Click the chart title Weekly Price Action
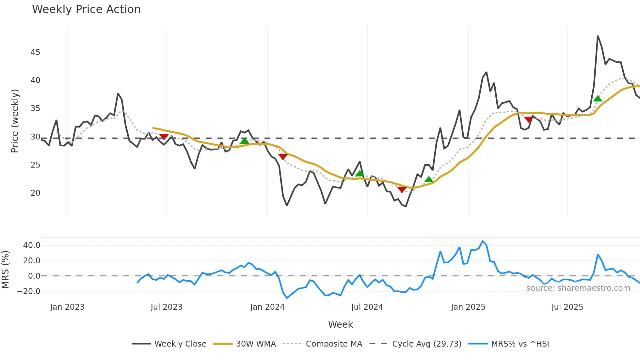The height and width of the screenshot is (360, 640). pos(86,9)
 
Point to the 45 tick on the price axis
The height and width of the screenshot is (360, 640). pos(35,52)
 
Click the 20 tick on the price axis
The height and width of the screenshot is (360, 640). pos(35,193)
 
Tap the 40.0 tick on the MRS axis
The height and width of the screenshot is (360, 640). pos(32,245)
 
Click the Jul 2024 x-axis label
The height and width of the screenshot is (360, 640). pos(367,307)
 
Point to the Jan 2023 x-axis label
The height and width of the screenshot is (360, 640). pos(67,307)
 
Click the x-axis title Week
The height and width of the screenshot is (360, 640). pos(340,324)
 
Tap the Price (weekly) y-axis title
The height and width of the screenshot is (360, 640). pos(15,121)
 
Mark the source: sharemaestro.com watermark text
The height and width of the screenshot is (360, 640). pos(578,288)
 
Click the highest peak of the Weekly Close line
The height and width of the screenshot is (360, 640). pos(598,36)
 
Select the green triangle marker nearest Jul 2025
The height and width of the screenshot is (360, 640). pos(598,99)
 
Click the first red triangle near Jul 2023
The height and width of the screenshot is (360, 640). pos(164,137)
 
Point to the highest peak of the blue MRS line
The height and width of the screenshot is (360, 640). pos(483,241)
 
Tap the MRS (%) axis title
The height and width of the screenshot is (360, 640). pos(5,270)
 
